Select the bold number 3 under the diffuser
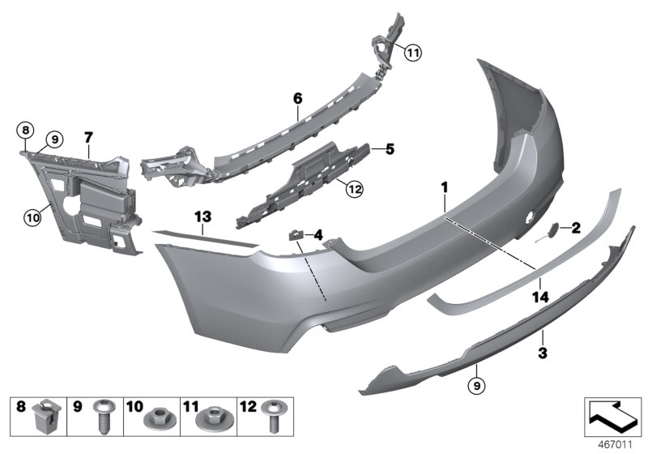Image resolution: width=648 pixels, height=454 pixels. click(543, 353)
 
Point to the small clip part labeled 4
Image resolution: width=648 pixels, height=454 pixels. click(296, 234)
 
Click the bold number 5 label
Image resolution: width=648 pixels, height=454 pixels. click(390, 149)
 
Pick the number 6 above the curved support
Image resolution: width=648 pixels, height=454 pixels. click(297, 98)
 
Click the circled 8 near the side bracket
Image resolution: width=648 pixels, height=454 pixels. click(26, 130)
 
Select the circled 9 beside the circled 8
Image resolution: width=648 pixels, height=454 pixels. click(55, 139)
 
